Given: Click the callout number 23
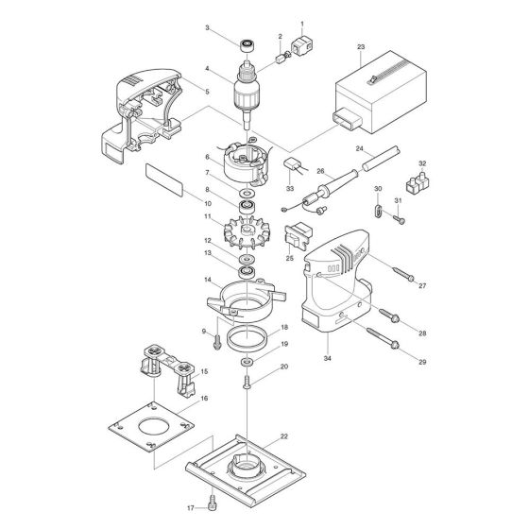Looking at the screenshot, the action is click(x=361, y=47).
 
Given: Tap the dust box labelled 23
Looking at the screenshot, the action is click(x=380, y=93).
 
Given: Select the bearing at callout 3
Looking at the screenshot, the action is click(x=247, y=45).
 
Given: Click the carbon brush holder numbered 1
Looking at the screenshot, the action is click(x=301, y=45).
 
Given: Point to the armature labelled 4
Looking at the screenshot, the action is click(x=247, y=94).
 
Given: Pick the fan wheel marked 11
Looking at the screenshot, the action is click(x=247, y=232).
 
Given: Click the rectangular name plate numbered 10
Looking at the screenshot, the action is click(x=164, y=180).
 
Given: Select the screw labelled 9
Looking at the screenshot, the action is click(x=217, y=341).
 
